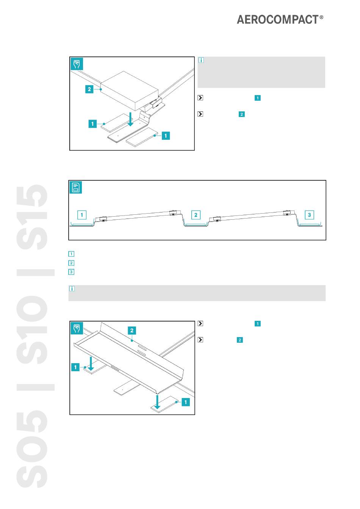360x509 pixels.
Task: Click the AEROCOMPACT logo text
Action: [x=278, y=20]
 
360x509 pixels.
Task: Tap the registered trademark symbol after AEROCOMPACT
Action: [x=321, y=17]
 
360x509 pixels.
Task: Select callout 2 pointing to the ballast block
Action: [x=89, y=89]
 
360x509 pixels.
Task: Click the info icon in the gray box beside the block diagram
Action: [x=201, y=60]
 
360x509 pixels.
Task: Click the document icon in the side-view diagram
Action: [x=76, y=187]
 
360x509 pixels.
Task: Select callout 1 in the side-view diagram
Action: [x=82, y=215]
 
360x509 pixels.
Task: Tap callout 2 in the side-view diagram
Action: [x=196, y=215]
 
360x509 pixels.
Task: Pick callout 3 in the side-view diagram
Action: [x=309, y=215]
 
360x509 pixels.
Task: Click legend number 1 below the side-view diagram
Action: [x=71, y=254]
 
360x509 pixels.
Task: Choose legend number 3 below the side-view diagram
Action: [x=71, y=272]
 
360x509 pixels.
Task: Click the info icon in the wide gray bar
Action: [x=72, y=289]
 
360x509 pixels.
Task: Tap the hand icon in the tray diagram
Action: [x=77, y=328]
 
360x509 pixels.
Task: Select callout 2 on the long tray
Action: [x=132, y=331]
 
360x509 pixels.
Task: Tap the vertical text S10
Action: [x=33, y=329]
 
